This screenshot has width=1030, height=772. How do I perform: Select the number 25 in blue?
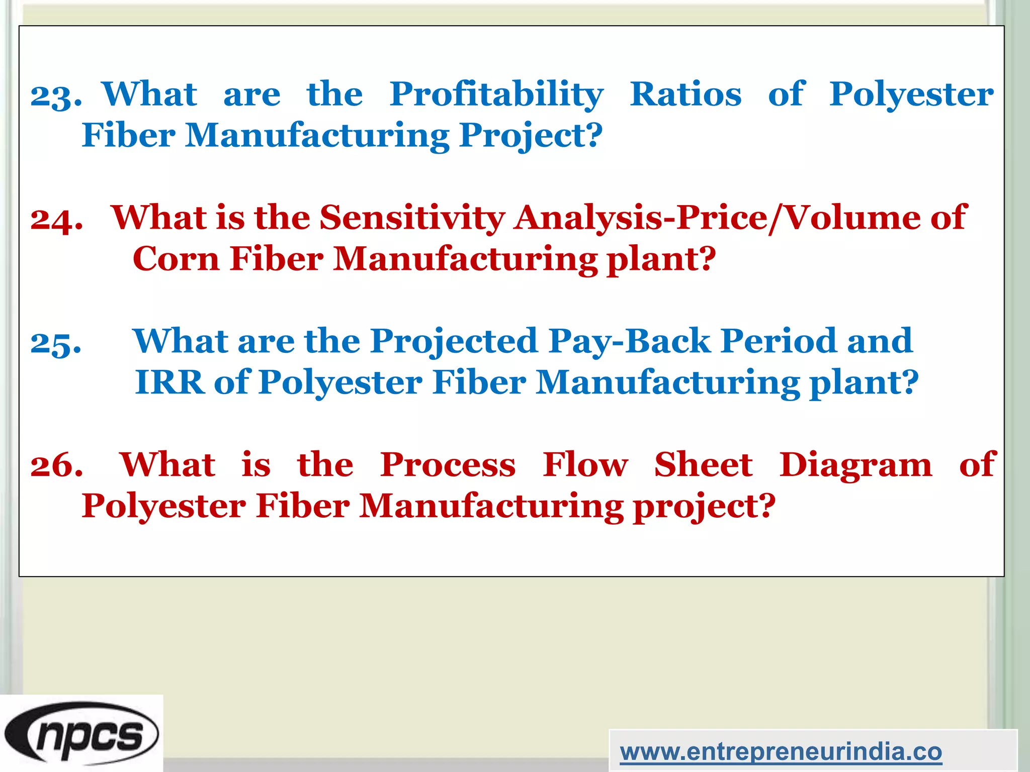55,343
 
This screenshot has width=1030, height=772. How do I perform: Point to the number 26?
56,465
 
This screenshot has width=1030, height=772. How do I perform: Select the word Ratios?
685,94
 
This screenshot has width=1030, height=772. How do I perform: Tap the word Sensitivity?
412,218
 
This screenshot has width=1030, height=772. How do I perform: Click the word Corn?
176,259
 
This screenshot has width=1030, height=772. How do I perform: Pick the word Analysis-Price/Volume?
717,218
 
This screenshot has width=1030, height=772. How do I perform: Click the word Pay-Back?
629,342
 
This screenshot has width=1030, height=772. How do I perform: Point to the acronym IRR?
170,382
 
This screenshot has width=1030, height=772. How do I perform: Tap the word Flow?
585,465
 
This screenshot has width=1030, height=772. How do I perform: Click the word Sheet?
703,465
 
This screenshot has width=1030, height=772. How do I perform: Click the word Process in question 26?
448,465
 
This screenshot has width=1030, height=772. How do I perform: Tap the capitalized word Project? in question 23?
531,136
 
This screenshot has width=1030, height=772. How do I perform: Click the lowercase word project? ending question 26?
704,507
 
